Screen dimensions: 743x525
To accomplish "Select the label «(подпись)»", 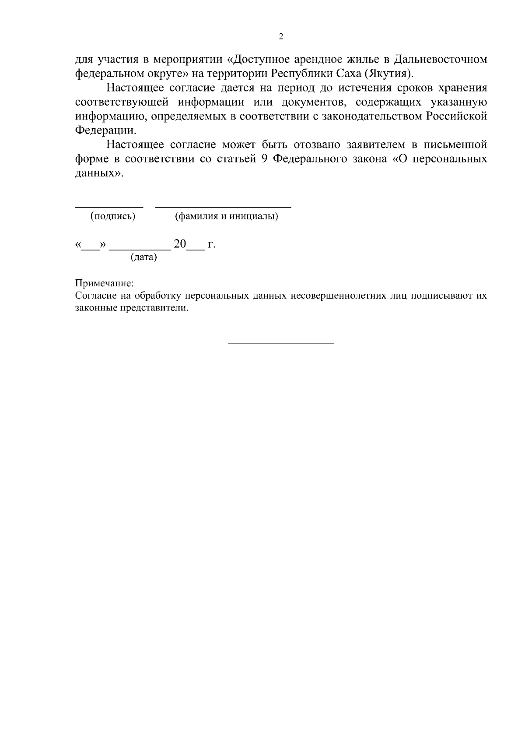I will click(113, 216).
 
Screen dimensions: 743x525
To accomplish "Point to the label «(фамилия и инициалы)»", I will click(226, 216).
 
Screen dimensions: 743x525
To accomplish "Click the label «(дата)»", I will click(143, 257).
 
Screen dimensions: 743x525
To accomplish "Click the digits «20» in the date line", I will click(180, 244).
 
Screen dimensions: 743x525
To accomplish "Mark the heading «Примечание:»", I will click(104, 284).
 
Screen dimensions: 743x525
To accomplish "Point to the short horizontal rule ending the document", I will click(281, 343).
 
